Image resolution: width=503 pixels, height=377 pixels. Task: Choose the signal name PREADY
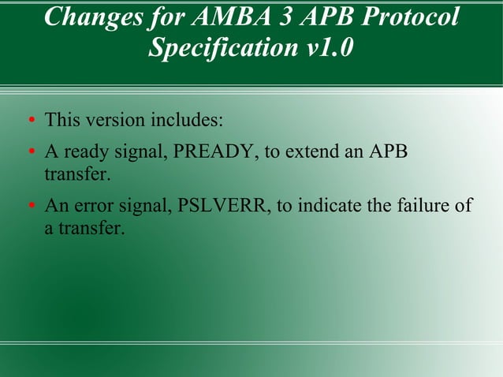click(x=216, y=151)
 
